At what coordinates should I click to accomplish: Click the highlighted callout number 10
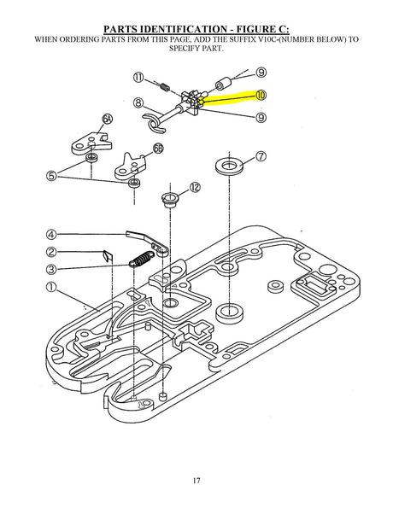point(261,95)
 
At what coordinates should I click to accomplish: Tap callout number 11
point(138,78)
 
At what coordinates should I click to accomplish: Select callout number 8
point(138,102)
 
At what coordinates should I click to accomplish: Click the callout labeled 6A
point(108,120)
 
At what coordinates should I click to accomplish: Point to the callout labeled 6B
point(158,149)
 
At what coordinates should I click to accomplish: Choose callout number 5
point(51,176)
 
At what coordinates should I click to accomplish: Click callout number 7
point(261,156)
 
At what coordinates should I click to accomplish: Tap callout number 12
point(195,187)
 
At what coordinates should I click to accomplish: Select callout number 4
point(51,234)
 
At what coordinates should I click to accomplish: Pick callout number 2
point(51,252)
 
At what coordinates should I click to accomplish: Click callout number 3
point(51,269)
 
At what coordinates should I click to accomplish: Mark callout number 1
point(51,287)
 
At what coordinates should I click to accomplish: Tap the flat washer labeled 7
point(229,166)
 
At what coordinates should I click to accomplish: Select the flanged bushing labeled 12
point(170,200)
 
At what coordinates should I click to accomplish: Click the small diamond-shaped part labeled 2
point(108,256)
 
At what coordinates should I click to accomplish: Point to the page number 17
point(196,481)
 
